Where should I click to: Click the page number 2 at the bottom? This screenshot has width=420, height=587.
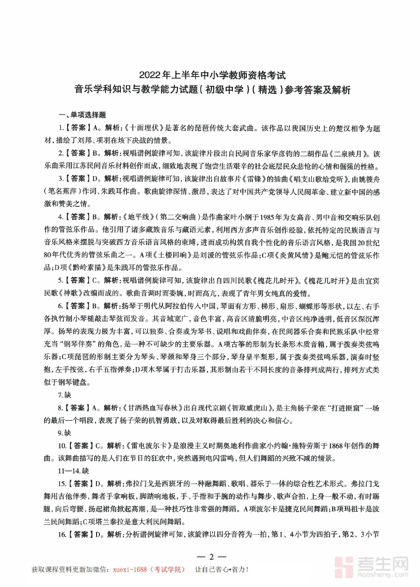[x=211, y=557]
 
